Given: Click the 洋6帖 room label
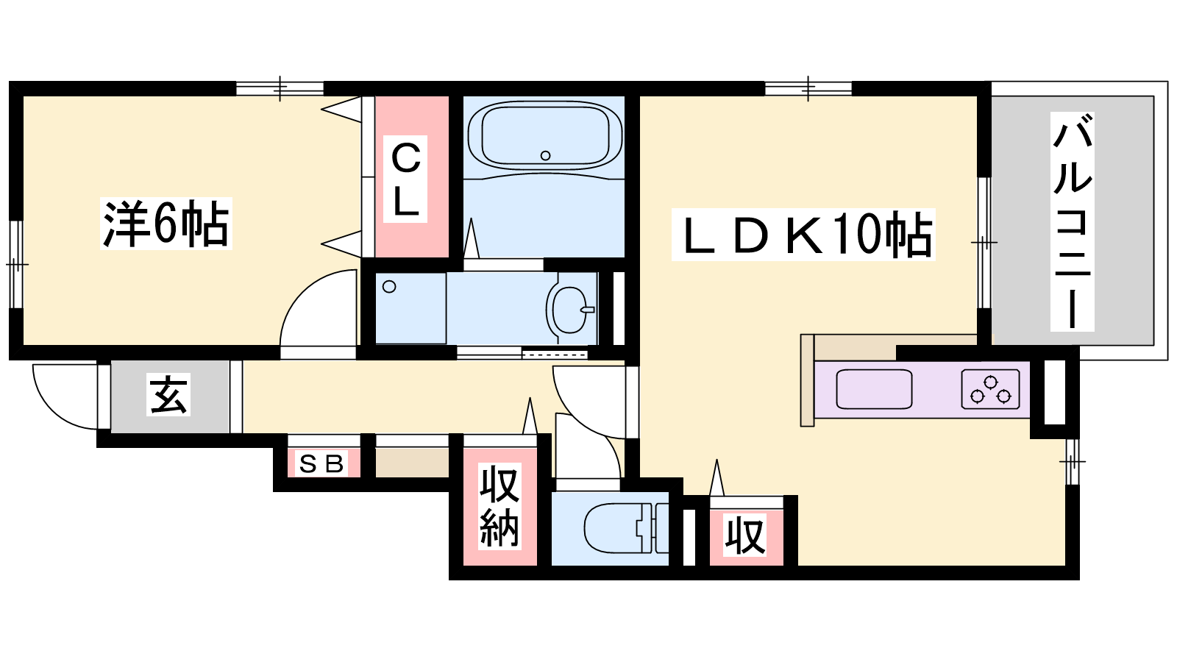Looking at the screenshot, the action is click(x=166, y=224).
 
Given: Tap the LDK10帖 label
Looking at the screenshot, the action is click(x=803, y=235).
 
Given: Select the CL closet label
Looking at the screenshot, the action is click(x=405, y=179).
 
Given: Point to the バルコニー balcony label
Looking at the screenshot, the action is click(x=1073, y=221).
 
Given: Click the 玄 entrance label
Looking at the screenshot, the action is click(x=168, y=394).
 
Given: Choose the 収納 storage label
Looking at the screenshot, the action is click(x=499, y=506).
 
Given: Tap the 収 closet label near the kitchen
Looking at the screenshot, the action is click(x=745, y=535).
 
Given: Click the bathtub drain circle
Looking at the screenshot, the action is click(x=545, y=155).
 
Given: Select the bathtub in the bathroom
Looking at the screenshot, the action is click(x=545, y=135).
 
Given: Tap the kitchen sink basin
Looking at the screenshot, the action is click(x=875, y=389).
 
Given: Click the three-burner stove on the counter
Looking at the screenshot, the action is click(x=990, y=389).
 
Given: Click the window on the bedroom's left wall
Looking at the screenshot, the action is click(x=15, y=264).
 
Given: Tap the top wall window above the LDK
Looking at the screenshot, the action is click(x=808, y=88).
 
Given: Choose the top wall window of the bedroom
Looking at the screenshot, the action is click(x=280, y=88).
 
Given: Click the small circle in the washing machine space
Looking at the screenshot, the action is click(x=389, y=287).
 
